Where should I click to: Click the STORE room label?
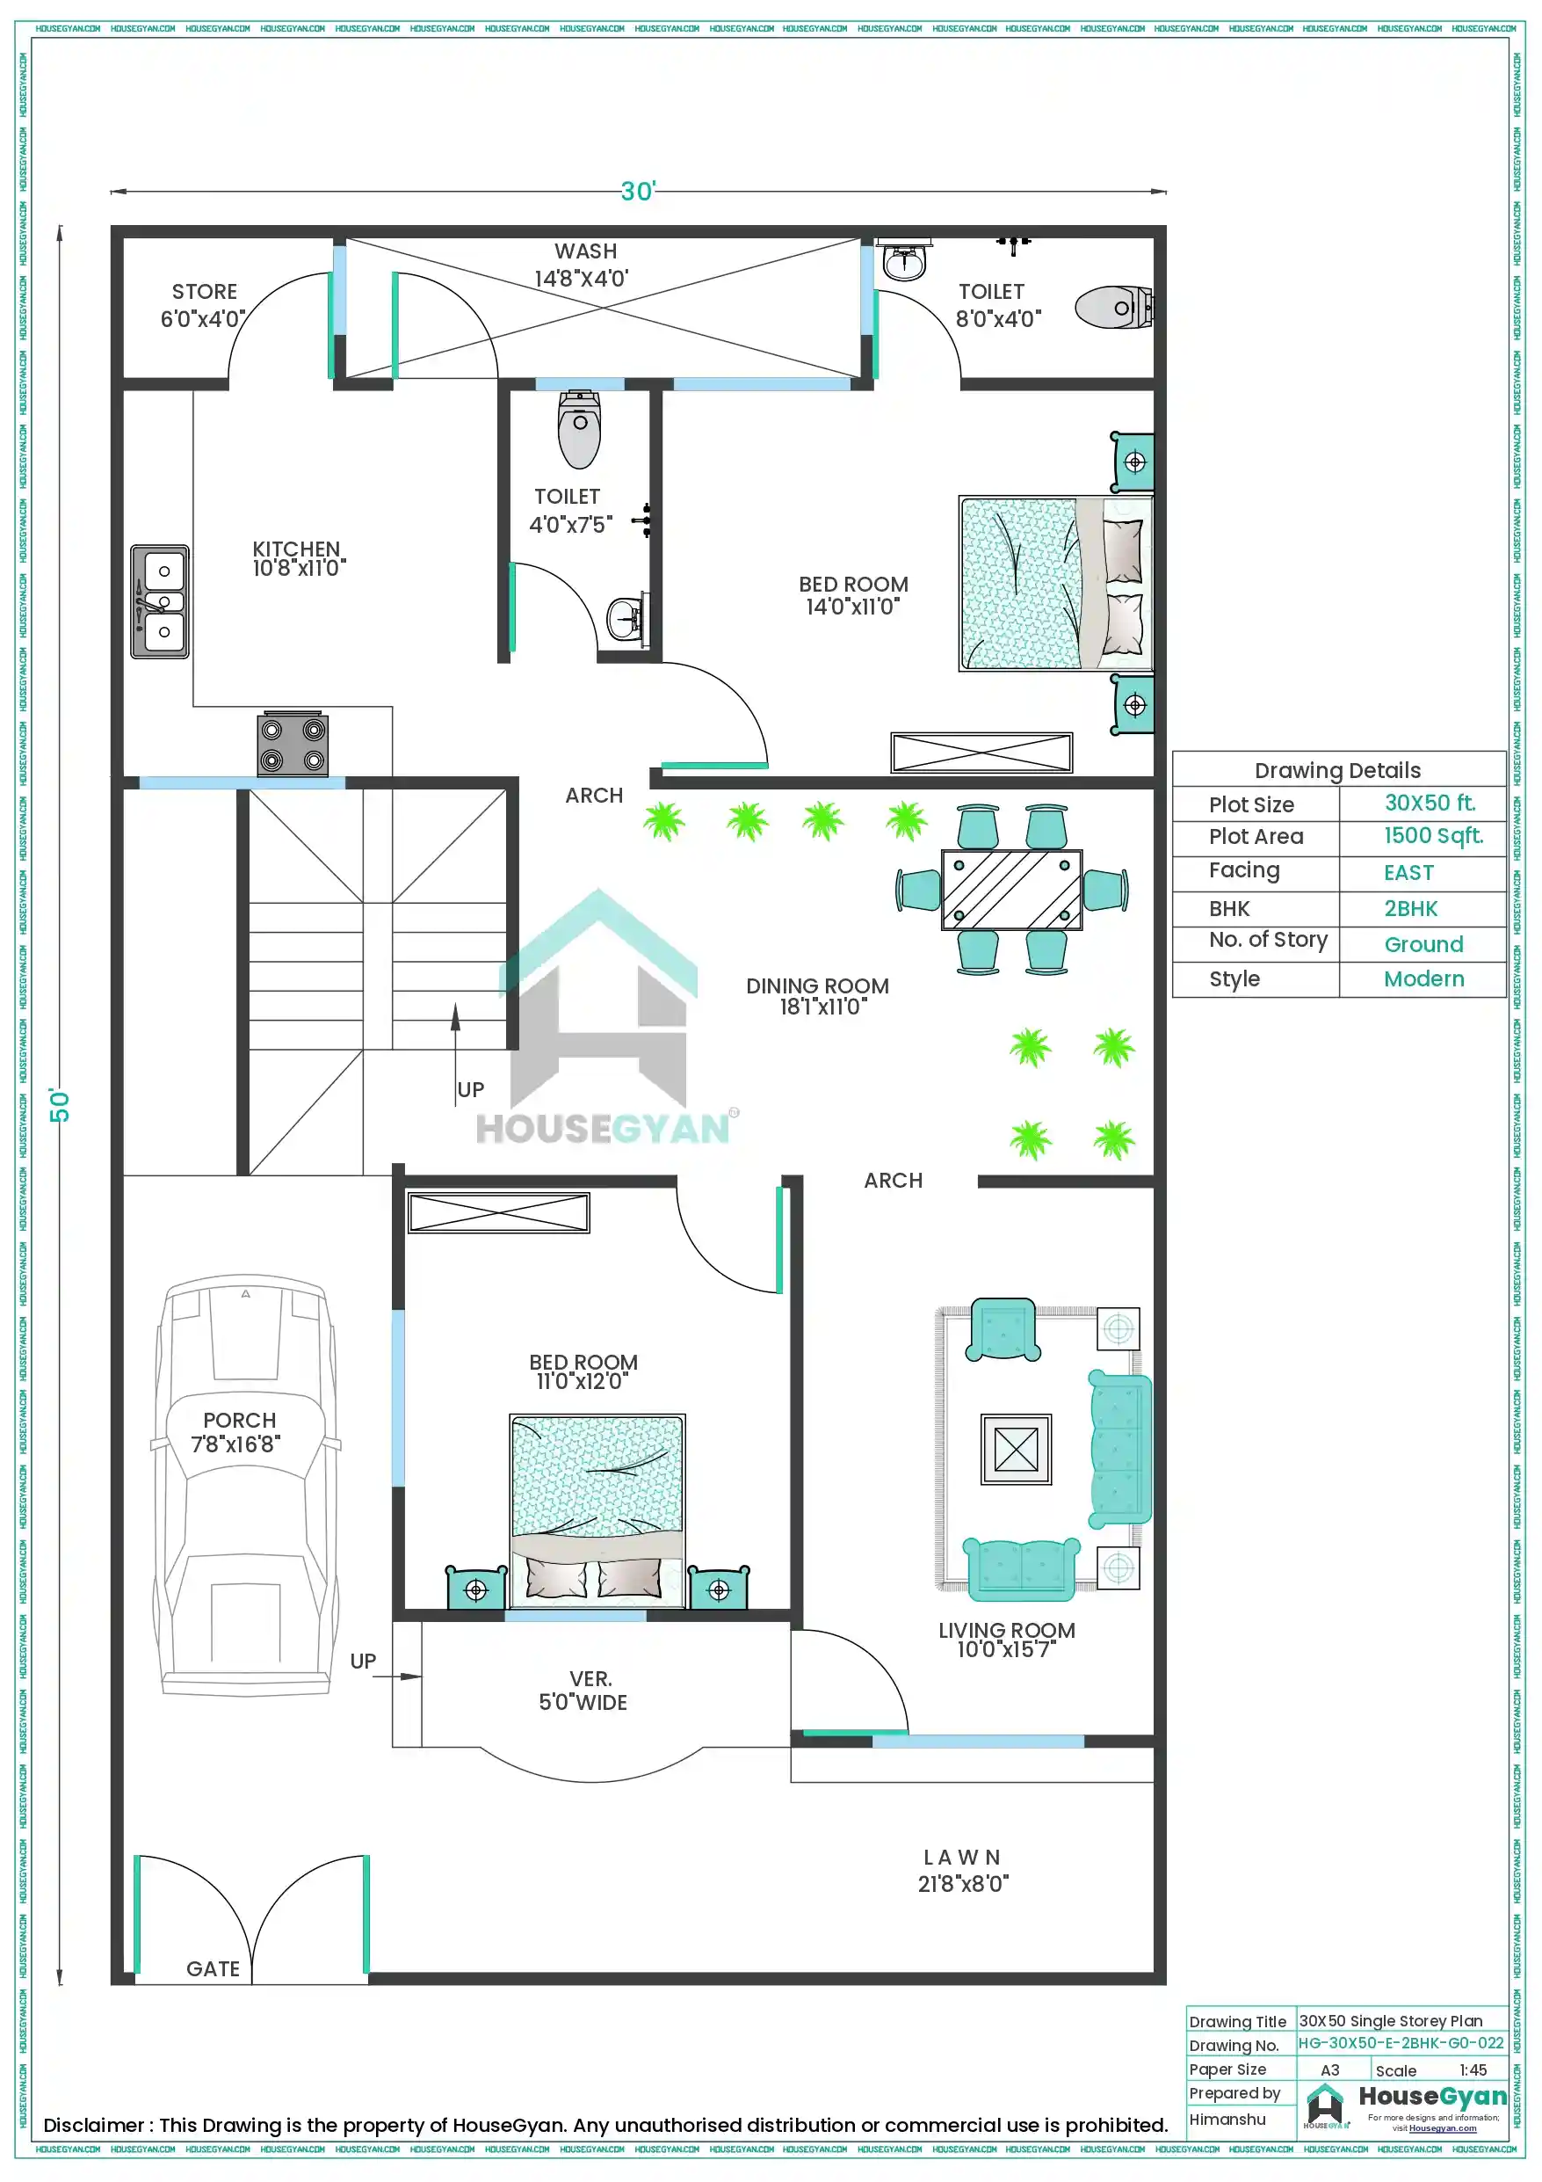(204, 292)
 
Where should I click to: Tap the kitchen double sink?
(160, 601)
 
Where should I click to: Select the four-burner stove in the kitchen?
(293, 744)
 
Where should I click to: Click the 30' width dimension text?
(638, 192)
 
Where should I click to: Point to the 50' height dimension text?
(60, 1104)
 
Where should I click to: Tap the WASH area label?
(585, 251)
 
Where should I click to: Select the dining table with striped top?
(1011, 890)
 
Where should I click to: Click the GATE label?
(213, 1968)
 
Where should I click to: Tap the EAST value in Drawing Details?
(1408, 872)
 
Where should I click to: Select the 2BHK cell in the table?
(1410, 908)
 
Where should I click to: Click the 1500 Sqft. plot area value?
(1432, 835)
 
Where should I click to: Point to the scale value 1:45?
(1472, 2069)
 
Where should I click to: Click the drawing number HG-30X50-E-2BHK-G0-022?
(1400, 2042)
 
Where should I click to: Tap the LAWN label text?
(961, 1857)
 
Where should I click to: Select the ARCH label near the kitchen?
(594, 796)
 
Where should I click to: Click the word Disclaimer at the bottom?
(92, 2125)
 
